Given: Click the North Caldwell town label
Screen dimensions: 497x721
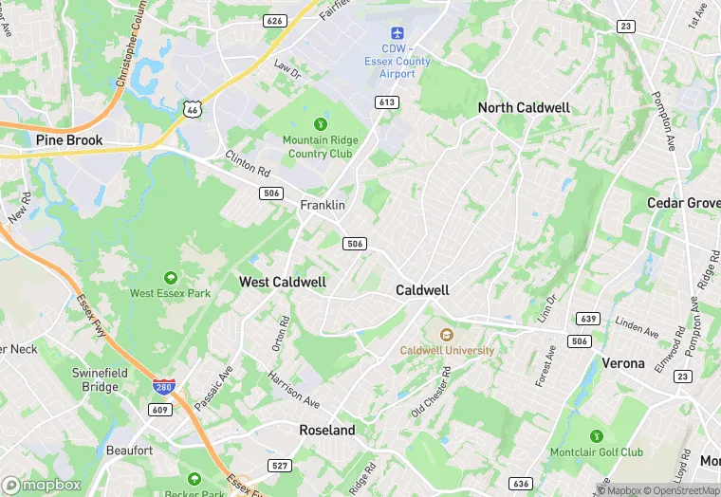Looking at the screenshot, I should coord(524,107).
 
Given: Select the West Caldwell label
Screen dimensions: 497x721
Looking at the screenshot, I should coord(283,282).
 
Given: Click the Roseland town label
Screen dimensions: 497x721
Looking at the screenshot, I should coord(327,430).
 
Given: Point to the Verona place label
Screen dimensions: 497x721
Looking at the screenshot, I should coord(623,362).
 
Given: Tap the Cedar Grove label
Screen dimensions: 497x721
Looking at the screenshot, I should coord(683,203).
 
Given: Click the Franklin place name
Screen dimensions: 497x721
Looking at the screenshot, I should coord(323,205).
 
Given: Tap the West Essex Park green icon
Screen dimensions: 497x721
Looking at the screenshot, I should coord(170,277).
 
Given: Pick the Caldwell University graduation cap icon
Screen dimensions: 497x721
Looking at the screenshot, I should coord(447,334).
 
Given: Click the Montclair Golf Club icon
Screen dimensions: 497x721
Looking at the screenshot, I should coord(596,435).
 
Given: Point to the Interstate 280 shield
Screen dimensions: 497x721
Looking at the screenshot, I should coord(163,389).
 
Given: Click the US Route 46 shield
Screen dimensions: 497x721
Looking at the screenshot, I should coord(193,110).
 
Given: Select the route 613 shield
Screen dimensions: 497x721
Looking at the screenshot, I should coord(386,102).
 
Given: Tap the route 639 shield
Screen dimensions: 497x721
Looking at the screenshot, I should coord(587,319).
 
